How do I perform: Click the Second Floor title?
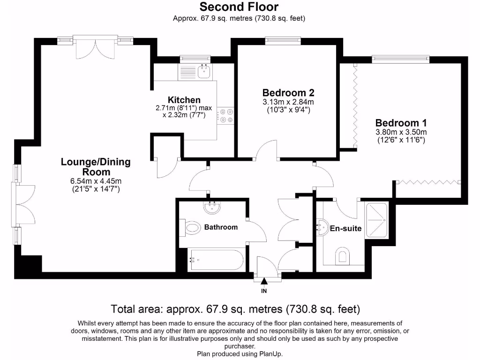(x=239, y=7)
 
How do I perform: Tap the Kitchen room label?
(x=184, y=100)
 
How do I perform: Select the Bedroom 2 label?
(x=288, y=92)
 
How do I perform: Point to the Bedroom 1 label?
(x=401, y=123)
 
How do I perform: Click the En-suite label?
(x=345, y=228)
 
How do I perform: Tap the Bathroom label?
(x=221, y=227)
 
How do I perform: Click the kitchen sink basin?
(x=204, y=72)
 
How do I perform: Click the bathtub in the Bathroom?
(x=217, y=260)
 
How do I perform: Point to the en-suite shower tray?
(x=377, y=220)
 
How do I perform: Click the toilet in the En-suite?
(x=343, y=256)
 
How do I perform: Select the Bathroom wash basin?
(x=212, y=208)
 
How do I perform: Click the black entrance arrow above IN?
(x=264, y=281)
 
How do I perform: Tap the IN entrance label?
(x=264, y=291)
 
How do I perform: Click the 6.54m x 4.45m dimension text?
(x=96, y=181)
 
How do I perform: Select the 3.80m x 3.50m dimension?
(x=401, y=132)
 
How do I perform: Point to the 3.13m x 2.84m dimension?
(x=288, y=102)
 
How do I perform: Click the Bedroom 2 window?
(x=283, y=40)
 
